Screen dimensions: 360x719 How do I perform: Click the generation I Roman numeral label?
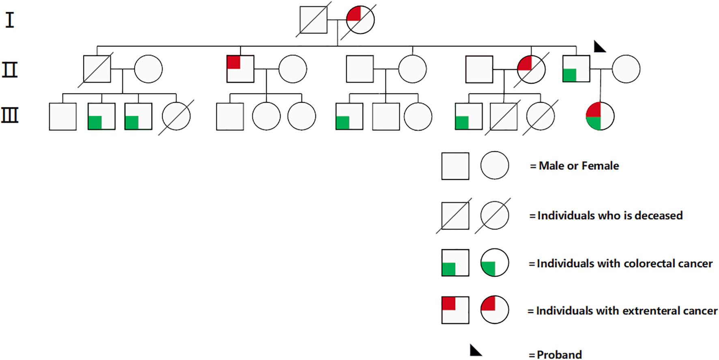[x=10, y=20]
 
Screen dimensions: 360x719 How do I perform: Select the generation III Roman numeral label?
[x=10, y=115]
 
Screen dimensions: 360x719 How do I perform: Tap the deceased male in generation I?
[x=313, y=20]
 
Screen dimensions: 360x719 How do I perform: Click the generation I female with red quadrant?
[x=360, y=20]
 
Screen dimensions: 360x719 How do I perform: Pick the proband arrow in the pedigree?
[x=599, y=47]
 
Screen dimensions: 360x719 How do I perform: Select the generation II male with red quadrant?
[x=240, y=69]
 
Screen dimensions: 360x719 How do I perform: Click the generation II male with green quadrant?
[x=576, y=69]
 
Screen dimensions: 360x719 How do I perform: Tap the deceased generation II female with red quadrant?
[x=531, y=69]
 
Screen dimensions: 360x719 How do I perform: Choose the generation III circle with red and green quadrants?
[x=600, y=116]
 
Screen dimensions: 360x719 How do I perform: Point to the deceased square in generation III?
[x=504, y=116]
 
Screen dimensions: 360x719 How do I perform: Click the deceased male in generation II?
[x=97, y=69]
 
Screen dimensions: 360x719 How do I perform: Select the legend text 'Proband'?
[x=559, y=354]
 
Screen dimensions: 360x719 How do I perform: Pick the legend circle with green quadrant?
[x=495, y=263]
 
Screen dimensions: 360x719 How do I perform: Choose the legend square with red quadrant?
[x=455, y=310]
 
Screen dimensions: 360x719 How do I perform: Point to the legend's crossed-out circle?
[x=494, y=216]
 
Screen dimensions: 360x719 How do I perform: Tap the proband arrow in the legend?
[x=475, y=350]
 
